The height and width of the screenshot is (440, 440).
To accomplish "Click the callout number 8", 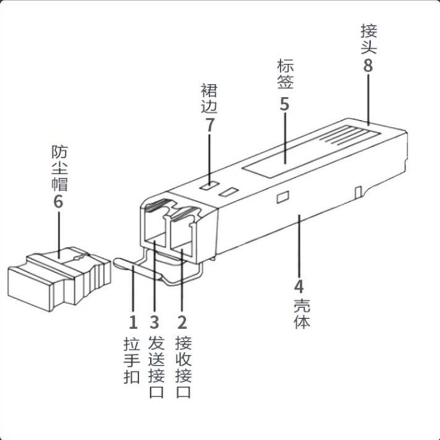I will pos(367,65).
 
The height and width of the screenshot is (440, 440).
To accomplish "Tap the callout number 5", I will pos(285,104).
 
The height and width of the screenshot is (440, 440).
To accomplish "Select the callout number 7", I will pos(209,124).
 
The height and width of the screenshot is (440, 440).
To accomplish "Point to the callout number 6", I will pos(58,201).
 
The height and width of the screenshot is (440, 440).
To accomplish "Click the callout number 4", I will pos(299,287).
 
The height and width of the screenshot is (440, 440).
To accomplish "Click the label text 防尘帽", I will pos(59,168).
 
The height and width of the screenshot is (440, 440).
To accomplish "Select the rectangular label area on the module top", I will pos(282,158).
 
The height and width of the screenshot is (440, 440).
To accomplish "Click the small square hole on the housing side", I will pos(283,197).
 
